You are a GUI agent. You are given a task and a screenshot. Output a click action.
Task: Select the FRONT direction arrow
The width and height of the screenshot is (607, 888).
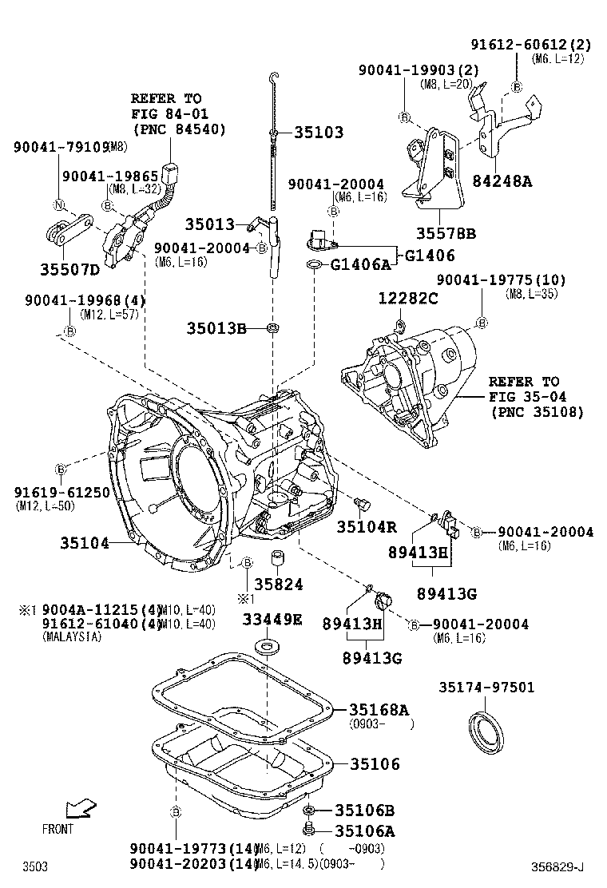tap(80, 810)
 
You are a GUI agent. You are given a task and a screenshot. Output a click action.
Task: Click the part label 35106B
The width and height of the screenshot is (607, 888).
tap(364, 810)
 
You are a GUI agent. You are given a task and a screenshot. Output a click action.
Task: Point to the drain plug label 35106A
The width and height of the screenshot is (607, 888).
tap(364, 831)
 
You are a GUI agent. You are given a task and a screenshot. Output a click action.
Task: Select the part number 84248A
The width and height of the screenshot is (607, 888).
tap(501, 180)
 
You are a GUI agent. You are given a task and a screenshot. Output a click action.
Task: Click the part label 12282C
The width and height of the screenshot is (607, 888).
tap(407, 298)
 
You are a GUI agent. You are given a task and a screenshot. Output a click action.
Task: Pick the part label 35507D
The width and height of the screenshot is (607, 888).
tap(69, 269)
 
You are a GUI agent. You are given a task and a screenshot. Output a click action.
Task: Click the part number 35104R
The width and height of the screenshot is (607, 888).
tap(366, 526)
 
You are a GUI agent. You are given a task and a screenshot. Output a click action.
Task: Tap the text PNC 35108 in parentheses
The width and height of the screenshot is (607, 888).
tap(537, 412)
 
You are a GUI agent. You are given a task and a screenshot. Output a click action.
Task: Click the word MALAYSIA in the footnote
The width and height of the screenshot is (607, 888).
tap(72, 637)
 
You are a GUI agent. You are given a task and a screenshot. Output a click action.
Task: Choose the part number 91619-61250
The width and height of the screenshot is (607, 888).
tap(61, 493)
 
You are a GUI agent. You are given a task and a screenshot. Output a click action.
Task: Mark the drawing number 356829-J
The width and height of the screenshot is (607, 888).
tap(559, 866)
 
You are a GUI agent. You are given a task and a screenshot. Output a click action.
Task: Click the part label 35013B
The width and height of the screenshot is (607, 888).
tap(216, 328)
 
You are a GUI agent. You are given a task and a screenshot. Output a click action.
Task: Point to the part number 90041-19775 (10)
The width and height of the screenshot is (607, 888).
tap(501, 279)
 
